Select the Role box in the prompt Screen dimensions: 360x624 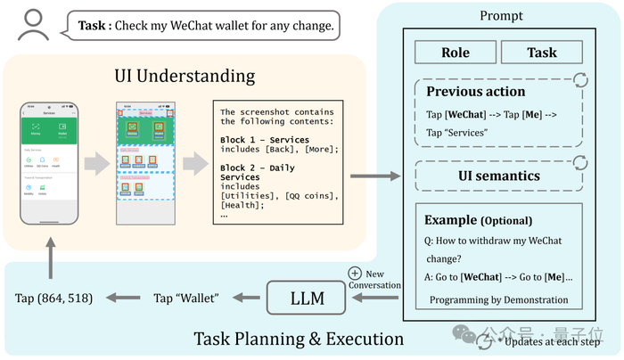coord(455,53)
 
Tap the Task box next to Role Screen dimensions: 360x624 coord(542,53)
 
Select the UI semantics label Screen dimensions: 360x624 coord(499,176)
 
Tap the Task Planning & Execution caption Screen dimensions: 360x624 coord(299,339)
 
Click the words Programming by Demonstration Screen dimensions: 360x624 coord(498,299)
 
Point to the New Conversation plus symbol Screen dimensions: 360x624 coord(356,273)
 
